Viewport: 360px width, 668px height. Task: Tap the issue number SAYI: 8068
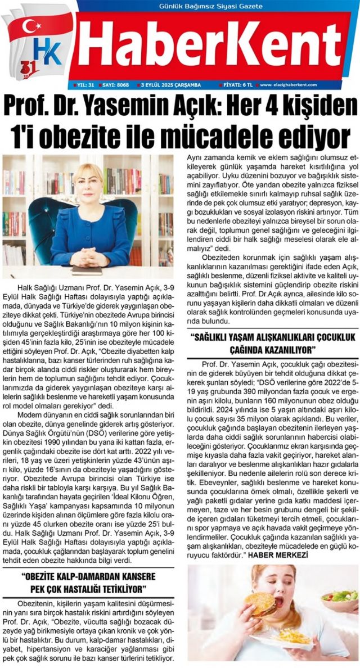[115, 85]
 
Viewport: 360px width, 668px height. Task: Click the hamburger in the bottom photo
[259, 602]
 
